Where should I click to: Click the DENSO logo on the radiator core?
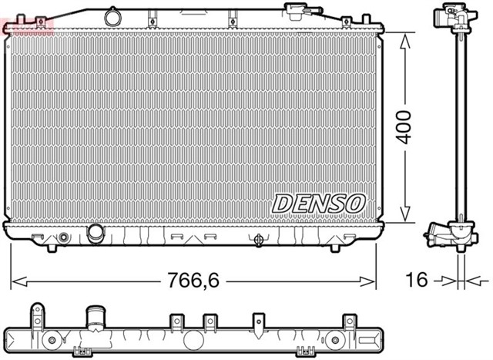(x=317, y=203)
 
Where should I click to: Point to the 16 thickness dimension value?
(x=416, y=281)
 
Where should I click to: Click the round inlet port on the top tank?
(x=114, y=15)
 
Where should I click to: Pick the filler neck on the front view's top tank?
(x=295, y=12)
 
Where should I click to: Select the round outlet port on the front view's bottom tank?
(x=96, y=232)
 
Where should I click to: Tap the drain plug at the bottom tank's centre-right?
(x=257, y=239)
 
